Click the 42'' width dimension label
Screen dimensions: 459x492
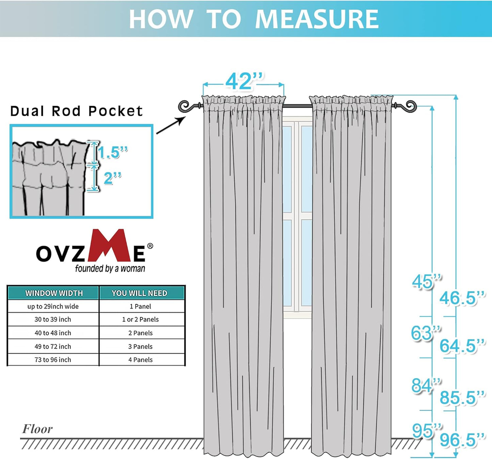click(244, 82)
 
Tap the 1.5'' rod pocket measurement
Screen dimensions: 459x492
click(112, 153)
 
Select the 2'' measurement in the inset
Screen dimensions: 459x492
click(112, 178)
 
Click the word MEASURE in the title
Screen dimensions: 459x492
click(317, 19)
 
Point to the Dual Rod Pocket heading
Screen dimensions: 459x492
click(76, 111)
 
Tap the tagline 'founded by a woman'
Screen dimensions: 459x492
click(110, 269)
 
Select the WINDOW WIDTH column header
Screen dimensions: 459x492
click(54, 293)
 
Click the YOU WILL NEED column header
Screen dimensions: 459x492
click(140, 293)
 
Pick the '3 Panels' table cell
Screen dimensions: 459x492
click(140, 346)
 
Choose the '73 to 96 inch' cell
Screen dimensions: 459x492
click(53, 360)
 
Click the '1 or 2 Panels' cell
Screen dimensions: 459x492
click(140, 320)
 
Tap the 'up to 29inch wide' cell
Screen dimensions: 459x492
click(53, 306)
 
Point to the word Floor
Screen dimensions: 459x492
click(37, 429)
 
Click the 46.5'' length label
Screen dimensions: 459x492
click(462, 298)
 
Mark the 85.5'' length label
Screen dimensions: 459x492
click(462, 397)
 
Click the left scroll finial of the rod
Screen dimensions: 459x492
click(185, 106)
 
